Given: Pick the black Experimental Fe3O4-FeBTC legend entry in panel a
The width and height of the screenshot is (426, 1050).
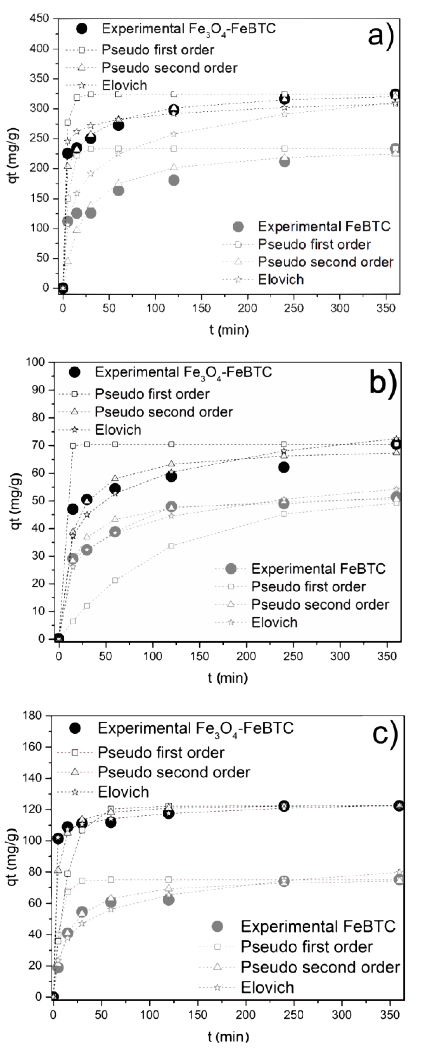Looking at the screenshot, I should point(188,29).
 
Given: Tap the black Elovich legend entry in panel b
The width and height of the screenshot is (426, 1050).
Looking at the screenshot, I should point(118,430).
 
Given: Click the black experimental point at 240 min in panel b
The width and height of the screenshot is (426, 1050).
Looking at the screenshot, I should point(284,467).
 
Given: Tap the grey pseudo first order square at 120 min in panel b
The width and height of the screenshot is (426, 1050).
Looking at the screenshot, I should point(171,545).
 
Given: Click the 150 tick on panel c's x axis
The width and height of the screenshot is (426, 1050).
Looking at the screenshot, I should point(198,1014).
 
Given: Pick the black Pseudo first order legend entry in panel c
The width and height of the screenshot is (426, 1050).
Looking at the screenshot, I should point(161,752).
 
